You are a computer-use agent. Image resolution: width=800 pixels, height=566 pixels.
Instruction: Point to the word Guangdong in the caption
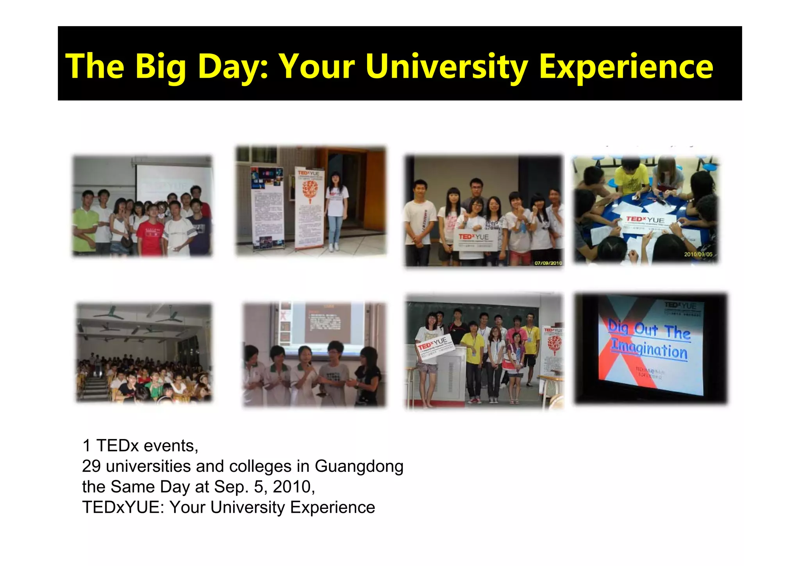click(x=359, y=467)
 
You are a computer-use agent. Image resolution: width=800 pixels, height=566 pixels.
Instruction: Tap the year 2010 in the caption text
click(x=294, y=487)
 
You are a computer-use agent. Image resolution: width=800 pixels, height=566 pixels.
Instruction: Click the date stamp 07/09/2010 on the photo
click(x=548, y=263)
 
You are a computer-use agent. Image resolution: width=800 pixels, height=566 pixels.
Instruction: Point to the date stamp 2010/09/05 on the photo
click(x=698, y=254)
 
